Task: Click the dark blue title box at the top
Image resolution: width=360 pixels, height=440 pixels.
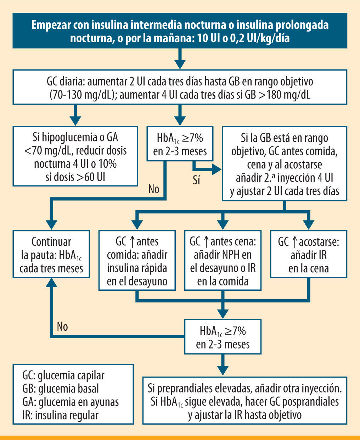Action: click(180, 30)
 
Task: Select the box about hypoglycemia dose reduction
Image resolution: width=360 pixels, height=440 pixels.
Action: click(75, 156)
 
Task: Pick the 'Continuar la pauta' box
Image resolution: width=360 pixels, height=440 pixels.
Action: click(51, 254)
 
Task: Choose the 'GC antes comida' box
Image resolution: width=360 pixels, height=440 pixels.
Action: click(137, 261)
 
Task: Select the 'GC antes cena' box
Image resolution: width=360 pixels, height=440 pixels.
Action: click(223, 261)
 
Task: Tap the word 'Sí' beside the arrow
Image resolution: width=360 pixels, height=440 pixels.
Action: click(197, 180)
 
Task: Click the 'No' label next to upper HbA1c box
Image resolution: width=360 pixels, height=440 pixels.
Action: click(154, 189)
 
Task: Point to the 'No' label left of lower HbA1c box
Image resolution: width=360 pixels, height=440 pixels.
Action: click(62, 326)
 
